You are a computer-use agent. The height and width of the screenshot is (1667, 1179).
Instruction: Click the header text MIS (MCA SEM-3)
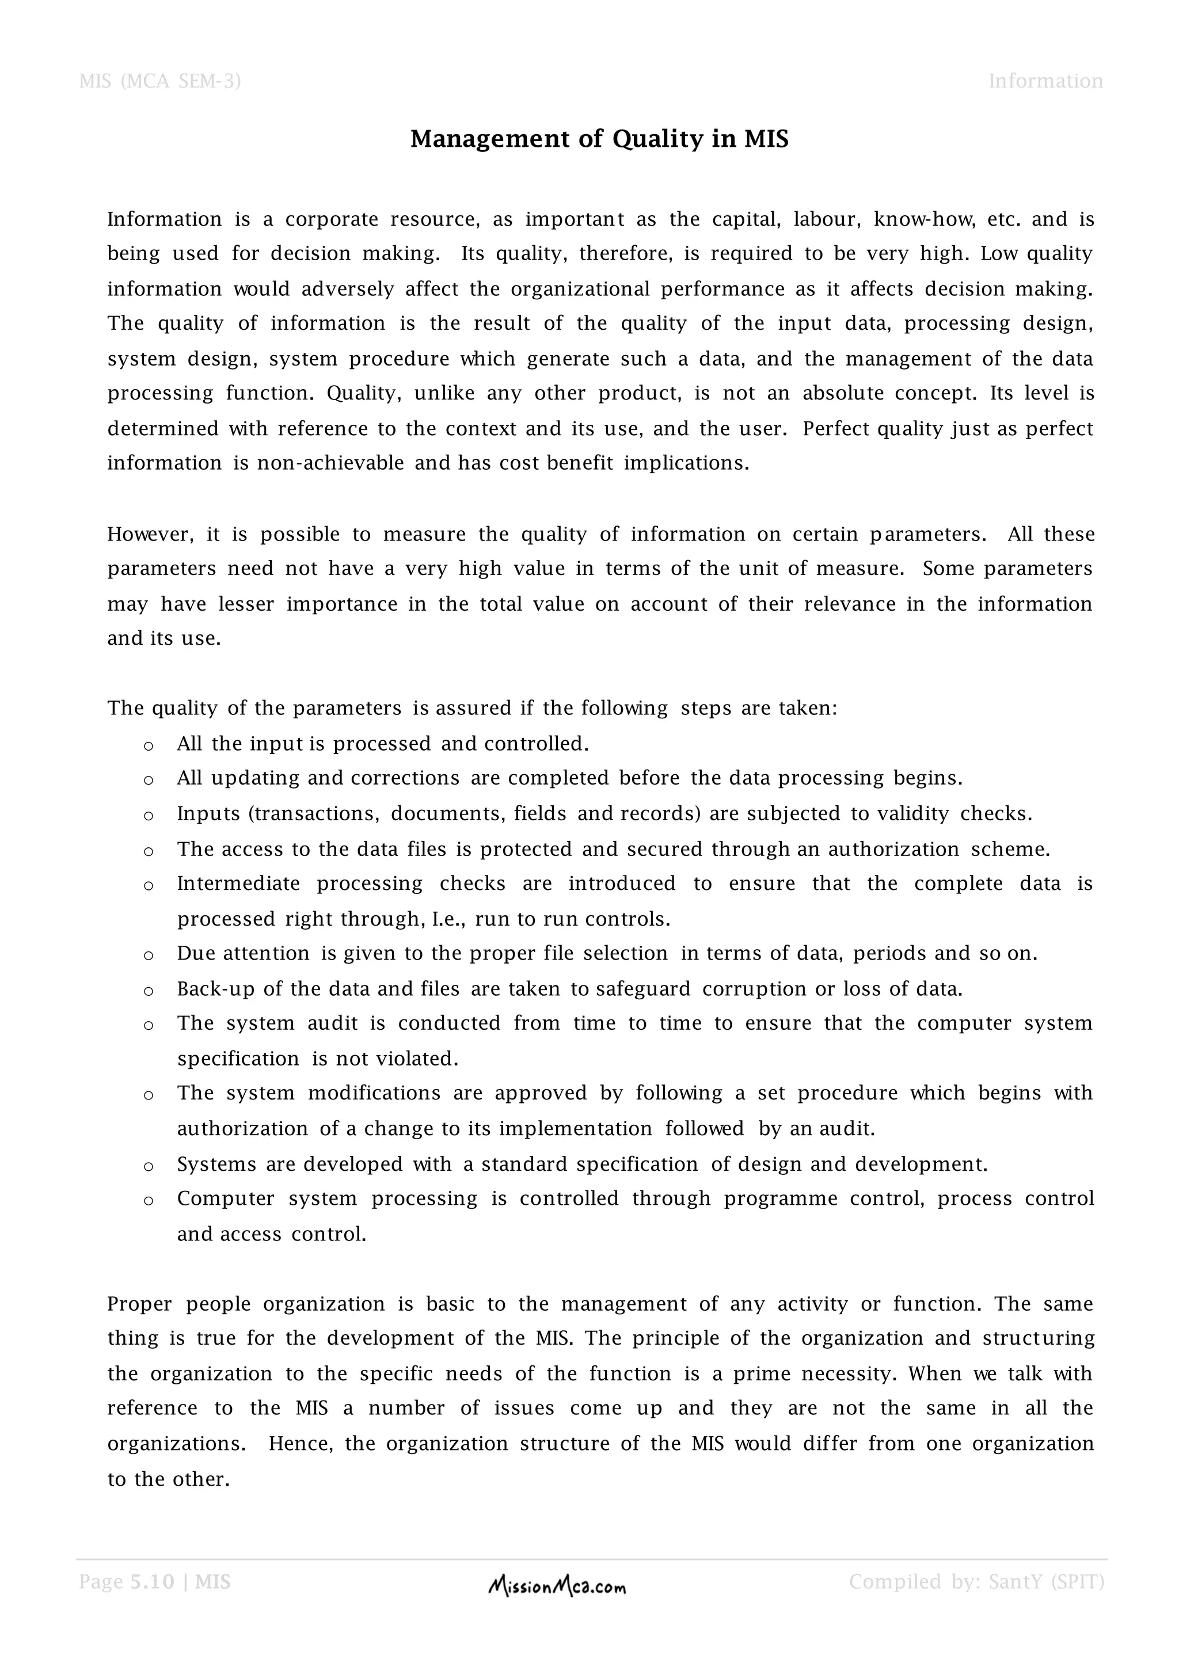(x=159, y=81)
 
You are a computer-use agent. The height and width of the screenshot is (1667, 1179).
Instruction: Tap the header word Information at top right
(x=1045, y=81)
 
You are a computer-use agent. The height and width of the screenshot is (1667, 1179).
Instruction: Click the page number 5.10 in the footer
(x=153, y=1581)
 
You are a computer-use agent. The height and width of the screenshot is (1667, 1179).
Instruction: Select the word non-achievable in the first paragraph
(x=330, y=463)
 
